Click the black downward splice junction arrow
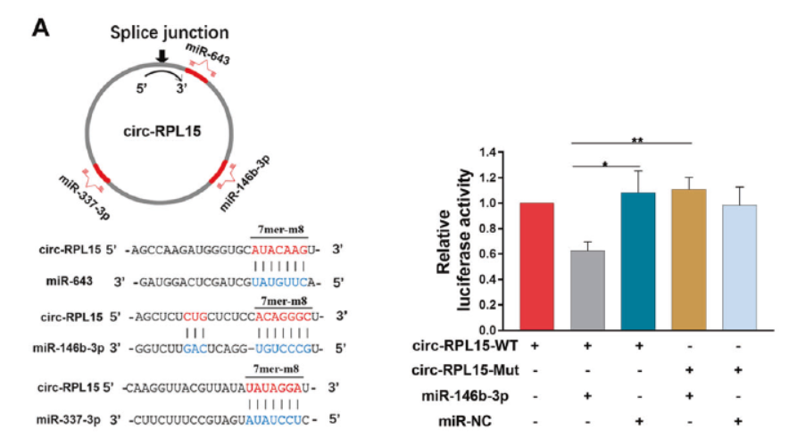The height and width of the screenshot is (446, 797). coord(162,57)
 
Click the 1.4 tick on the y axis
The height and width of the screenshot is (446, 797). coord(510,153)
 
